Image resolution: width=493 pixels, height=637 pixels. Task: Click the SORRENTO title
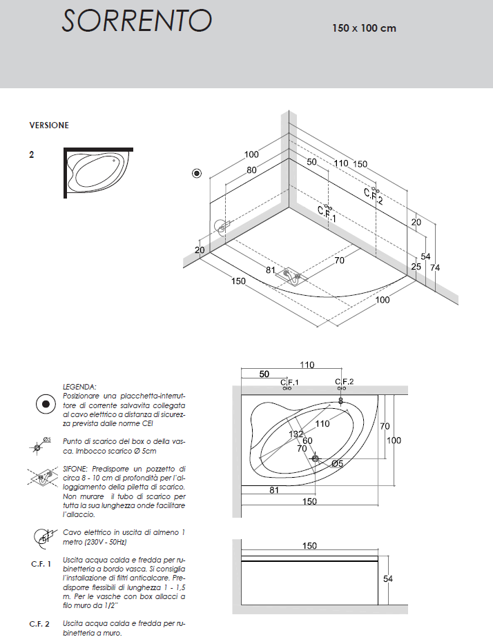(x=137, y=21)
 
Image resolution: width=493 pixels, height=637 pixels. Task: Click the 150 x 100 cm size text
(x=364, y=28)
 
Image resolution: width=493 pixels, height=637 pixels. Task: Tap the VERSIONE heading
(x=49, y=125)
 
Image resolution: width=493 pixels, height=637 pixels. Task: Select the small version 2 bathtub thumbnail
(x=99, y=172)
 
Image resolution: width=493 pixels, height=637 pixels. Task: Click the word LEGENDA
(x=79, y=387)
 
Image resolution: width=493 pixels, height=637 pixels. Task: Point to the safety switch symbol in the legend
(x=46, y=404)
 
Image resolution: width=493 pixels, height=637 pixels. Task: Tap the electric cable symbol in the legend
(x=44, y=537)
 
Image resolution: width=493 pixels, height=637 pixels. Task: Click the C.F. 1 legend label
(x=41, y=564)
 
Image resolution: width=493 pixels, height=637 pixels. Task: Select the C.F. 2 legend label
(x=39, y=624)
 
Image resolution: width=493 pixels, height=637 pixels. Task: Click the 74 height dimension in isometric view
(x=435, y=267)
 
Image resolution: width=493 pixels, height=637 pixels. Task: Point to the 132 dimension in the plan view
(x=296, y=434)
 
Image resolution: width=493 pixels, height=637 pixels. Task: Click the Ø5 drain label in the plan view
(x=337, y=463)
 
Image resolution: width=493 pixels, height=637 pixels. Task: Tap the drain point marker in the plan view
(x=316, y=458)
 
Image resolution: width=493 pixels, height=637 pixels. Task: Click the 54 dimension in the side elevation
(x=388, y=578)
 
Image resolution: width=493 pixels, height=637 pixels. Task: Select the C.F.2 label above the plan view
(x=344, y=381)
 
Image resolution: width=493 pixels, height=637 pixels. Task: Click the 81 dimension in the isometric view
(x=271, y=270)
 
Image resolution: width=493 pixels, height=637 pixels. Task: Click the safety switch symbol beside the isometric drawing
(x=197, y=174)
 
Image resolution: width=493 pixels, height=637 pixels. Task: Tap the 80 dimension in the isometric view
(x=251, y=170)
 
